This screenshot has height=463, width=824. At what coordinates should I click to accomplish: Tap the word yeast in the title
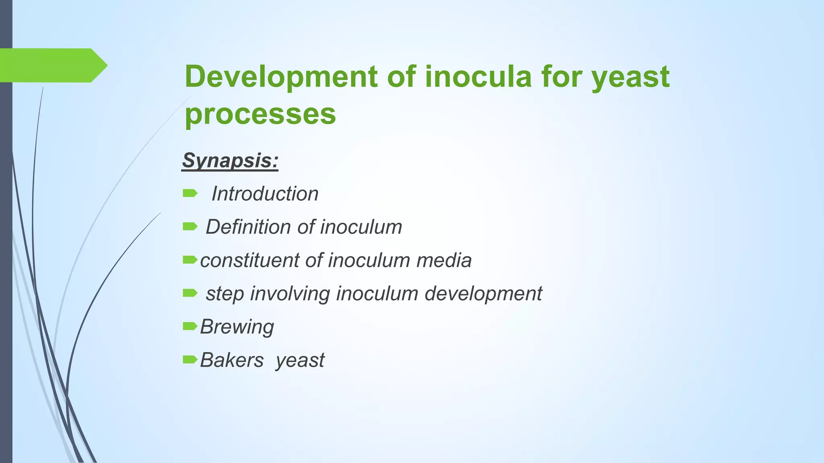point(630,77)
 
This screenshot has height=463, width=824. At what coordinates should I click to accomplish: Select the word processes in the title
point(260,114)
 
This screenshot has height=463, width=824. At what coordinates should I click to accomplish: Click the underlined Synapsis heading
point(230,160)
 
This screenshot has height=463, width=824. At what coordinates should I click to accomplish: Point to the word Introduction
point(265,194)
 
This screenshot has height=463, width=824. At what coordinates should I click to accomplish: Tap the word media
point(444,260)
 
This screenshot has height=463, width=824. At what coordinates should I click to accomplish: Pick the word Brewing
point(237,327)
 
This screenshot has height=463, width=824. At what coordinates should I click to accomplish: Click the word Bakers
point(232,360)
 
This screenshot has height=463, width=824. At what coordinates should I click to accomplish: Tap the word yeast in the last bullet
point(300,360)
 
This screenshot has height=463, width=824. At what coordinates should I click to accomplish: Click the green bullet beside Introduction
point(190,194)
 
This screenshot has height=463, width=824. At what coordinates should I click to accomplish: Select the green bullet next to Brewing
point(190,326)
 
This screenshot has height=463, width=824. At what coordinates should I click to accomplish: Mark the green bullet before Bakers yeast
point(190,359)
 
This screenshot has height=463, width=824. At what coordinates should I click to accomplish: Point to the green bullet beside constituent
point(190,260)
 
